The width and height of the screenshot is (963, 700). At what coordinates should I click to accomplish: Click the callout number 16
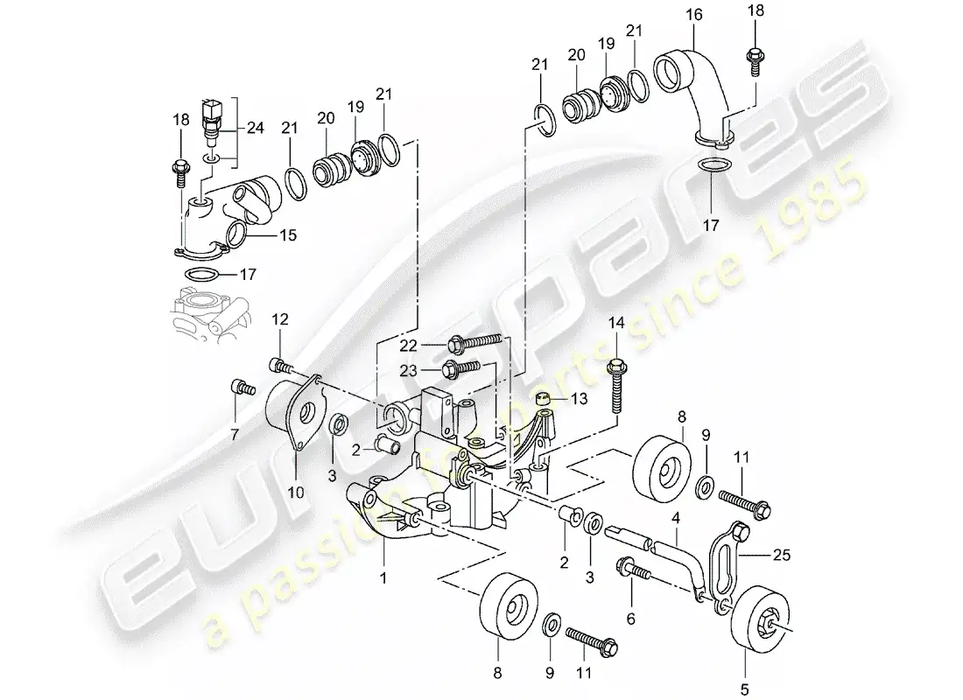click(x=694, y=14)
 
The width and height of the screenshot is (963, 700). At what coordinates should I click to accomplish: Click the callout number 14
click(x=616, y=322)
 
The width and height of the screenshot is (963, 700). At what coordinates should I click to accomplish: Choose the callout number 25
click(x=781, y=555)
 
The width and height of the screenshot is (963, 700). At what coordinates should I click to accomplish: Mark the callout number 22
click(x=409, y=346)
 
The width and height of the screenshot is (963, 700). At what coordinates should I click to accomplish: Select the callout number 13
click(x=580, y=399)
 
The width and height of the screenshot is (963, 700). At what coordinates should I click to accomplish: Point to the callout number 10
click(x=295, y=493)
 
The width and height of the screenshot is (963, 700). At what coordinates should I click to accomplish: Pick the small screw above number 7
click(x=243, y=388)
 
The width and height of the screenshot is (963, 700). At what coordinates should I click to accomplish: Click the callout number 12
click(x=280, y=319)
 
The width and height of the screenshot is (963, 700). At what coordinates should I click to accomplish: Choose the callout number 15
click(x=287, y=234)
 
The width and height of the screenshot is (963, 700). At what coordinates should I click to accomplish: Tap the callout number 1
click(x=383, y=577)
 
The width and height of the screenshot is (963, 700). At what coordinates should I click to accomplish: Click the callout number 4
click(x=676, y=518)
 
